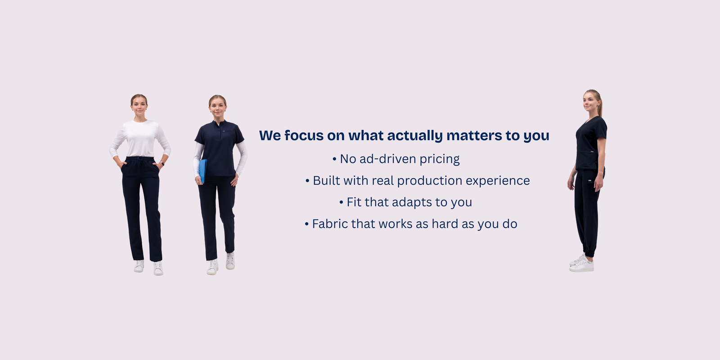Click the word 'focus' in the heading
pos(304,135)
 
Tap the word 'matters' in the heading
pos(474,135)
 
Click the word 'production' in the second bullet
pos(430,181)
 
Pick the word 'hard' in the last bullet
pos(445,224)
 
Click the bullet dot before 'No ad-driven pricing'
pos(334,159)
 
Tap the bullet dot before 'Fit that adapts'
pos(342,202)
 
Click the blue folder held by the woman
pos(202,171)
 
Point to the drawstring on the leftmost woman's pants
pos(139,163)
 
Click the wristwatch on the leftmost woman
pos(162,164)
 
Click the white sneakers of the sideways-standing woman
pos(581,264)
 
